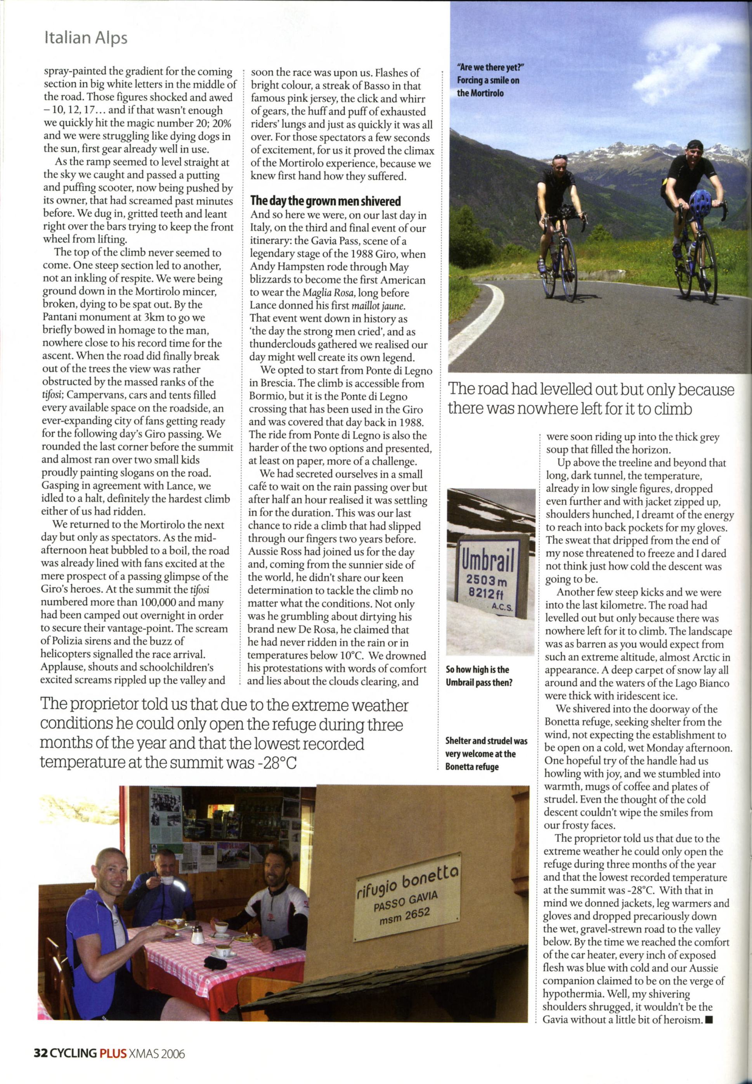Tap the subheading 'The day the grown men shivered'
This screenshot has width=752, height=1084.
(x=326, y=202)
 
